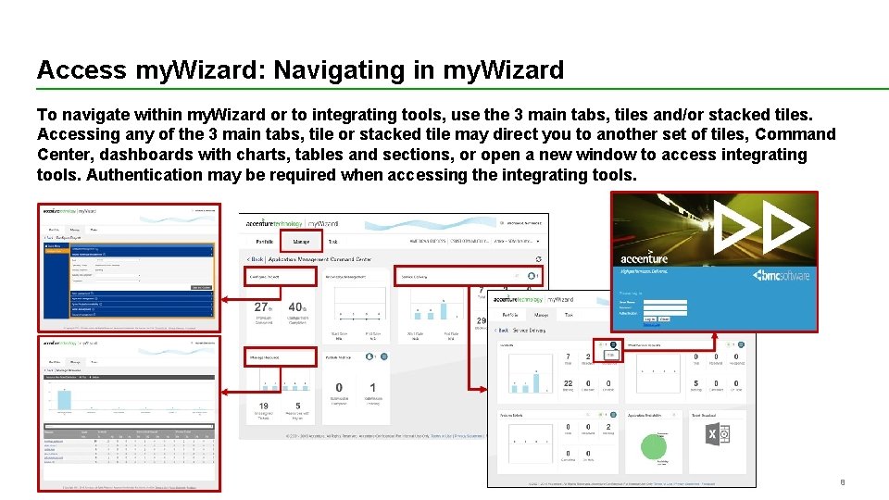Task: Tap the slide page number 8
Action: click(x=843, y=482)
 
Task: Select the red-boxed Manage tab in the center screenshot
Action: click(x=301, y=242)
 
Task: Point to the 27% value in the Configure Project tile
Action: click(x=263, y=307)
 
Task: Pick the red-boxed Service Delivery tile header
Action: click(x=422, y=276)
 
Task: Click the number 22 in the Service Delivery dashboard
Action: click(x=568, y=383)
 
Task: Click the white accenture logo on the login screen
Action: click(x=645, y=259)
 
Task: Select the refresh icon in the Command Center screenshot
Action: click(x=539, y=259)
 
